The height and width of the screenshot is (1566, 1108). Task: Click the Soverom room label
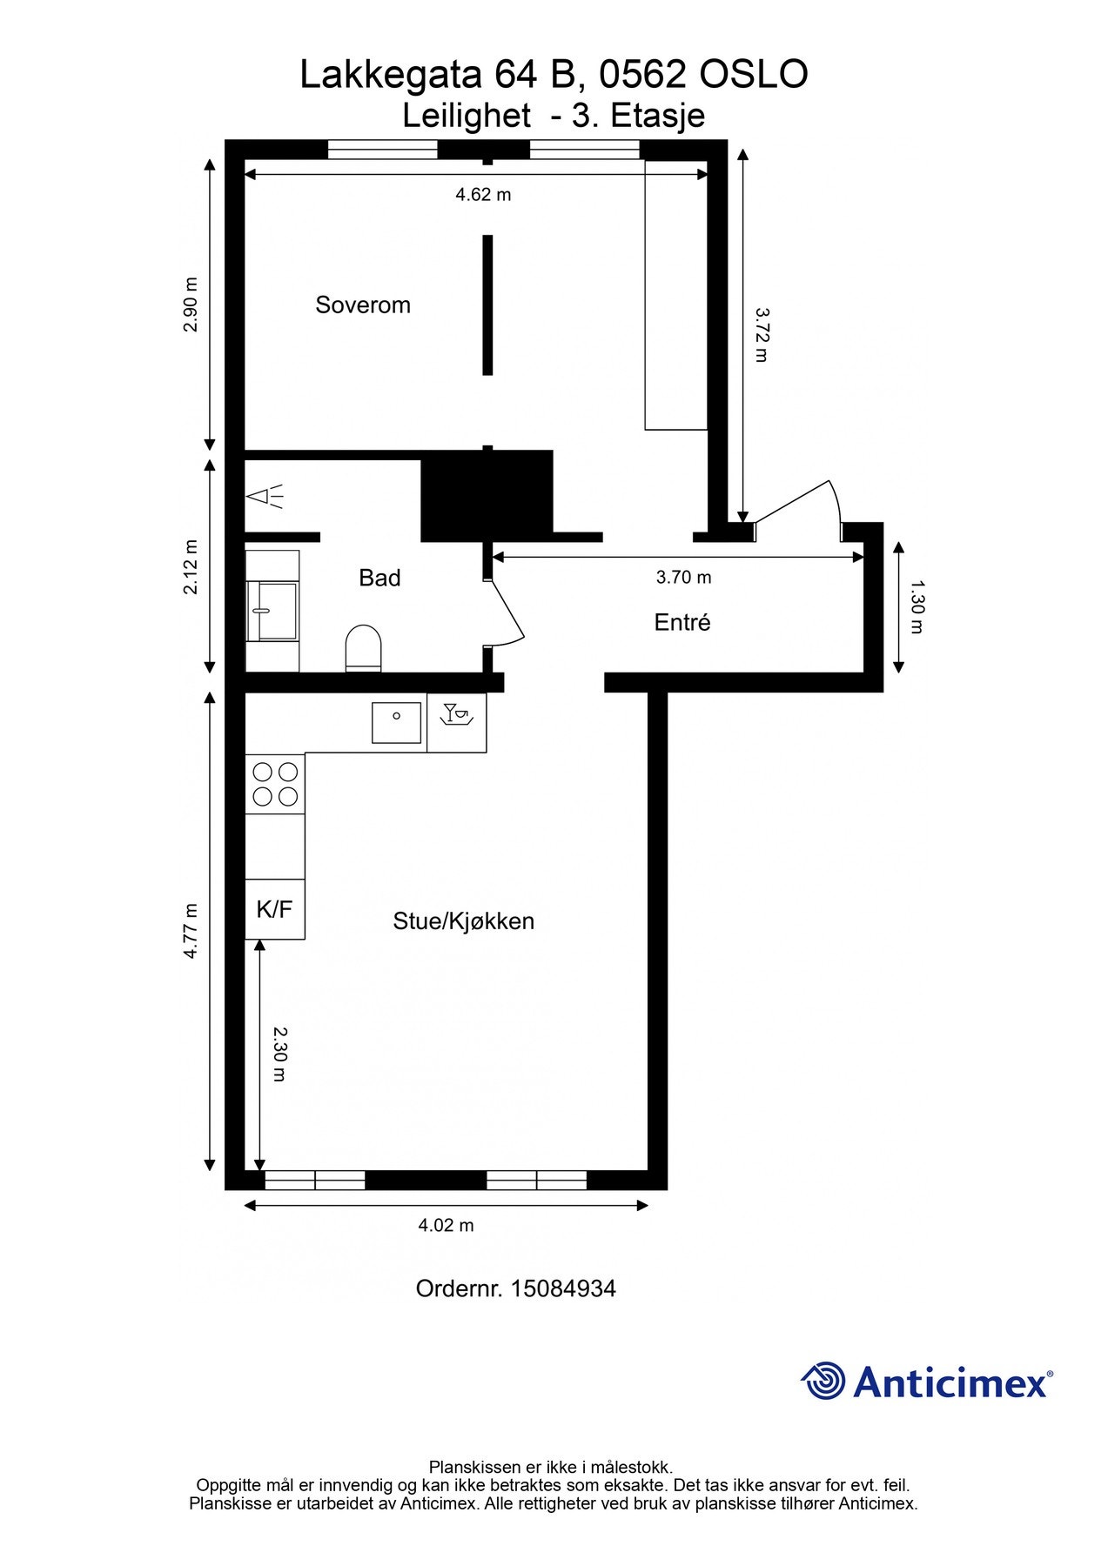click(x=362, y=304)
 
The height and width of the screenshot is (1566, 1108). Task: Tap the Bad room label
click(x=379, y=578)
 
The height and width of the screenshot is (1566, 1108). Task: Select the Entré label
click(x=682, y=622)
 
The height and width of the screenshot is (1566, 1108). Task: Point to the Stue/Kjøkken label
click(x=463, y=921)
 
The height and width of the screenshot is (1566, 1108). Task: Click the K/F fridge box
click(x=275, y=909)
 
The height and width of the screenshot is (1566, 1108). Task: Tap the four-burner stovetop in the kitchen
click(x=275, y=783)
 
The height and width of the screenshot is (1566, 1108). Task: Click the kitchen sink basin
click(x=397, y=722)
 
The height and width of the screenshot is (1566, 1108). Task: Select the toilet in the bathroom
click(x=364, y=648)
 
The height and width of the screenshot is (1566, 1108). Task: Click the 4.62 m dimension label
click(x=483, y=195)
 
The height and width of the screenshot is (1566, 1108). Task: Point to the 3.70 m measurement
click(x=683, y=577)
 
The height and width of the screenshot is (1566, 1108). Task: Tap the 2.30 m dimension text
click(x=279, y=1054)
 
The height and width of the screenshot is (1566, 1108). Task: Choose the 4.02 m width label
click(x=446, y=1225)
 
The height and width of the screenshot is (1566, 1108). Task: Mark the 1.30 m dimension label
click(x=915, y=607)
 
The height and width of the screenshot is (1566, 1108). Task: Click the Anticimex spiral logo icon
click(x=823, y=1381)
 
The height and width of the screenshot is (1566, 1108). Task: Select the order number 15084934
click(x=563, y=1288)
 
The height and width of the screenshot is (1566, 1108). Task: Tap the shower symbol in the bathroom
click(x=265, y=497)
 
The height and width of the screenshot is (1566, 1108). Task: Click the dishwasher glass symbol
click(x=457, y=714)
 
